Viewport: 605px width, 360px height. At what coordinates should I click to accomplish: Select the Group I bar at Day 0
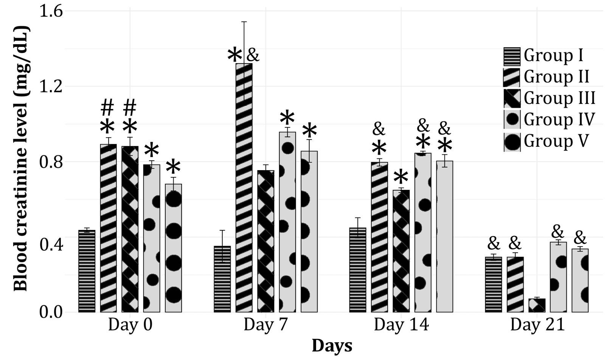coord(87,271)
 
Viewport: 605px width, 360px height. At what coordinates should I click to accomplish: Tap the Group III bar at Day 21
coord(537,306)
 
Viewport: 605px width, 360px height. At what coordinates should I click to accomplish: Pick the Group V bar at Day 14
coord(445,237)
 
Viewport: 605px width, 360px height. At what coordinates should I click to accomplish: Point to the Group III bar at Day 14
coord(401,251)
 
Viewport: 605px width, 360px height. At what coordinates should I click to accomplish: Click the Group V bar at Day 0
coord(174,248)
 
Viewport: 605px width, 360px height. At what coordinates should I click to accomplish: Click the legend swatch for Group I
coord(512,56)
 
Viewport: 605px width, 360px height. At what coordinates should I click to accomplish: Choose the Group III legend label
coord(559,98)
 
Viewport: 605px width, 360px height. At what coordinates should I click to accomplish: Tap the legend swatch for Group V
coord(512,142)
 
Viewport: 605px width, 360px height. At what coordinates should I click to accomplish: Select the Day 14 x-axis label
coord(401,325)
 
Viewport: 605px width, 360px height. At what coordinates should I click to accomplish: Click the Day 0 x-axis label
coord(130,325)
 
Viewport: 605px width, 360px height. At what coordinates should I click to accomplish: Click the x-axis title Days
coord(332,346)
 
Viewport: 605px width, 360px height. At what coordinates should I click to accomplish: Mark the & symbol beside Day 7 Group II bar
coord(253,56)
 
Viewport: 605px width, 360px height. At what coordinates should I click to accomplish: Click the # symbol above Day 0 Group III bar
coord(130,108)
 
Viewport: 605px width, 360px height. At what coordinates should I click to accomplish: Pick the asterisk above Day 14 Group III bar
coord(401,177)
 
